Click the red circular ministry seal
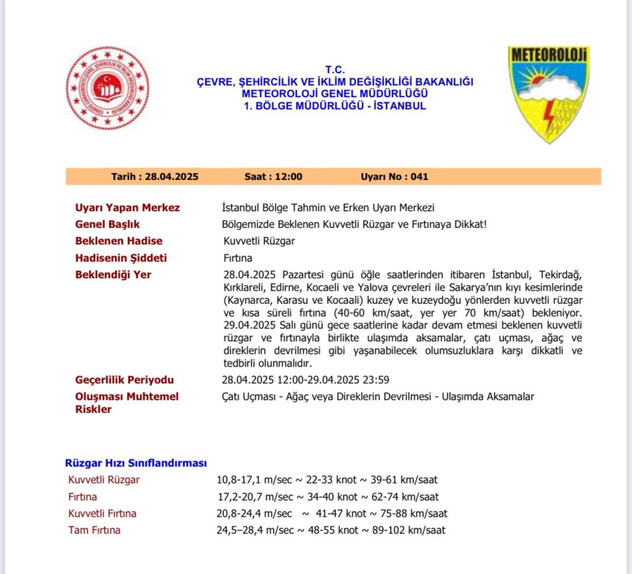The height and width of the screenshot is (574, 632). pyautogui.click(x=107, y=88)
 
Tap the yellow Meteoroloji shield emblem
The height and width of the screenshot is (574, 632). pyautogui.click(x=549, y=92)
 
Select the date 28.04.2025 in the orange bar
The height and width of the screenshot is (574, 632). pyautogui.click(x=172, y=176)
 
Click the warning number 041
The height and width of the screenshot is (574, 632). pyautogui.click(x=418, y=176)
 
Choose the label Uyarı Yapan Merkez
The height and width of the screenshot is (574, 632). pyautogui.click(x=127, y=208)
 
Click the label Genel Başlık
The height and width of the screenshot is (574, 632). pyautogui.click(x=107, y=224)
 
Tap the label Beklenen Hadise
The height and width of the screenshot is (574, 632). pyautogui.click(x=118, y=241)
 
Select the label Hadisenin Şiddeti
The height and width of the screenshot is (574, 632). pyautogui.click(x=121, y=258)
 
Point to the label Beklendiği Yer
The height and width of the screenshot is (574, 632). pyautogui.click(x=113, y=274)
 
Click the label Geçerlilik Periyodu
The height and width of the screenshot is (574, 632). pyautogui.click(x=124, y=380)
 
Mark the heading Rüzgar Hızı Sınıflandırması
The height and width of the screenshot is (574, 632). pyautogui.click(x=136, y=463)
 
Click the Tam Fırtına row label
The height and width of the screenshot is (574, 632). pyautogui.click(x=94, y=530)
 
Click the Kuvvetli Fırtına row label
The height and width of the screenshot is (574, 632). pyautogui.click(x=102, y=514)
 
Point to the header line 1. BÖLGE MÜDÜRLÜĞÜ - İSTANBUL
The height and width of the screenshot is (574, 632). pyautogui.click(x=335, y=106)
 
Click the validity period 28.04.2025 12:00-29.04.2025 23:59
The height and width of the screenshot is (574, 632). pyautogui.click(x=306, y=380)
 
